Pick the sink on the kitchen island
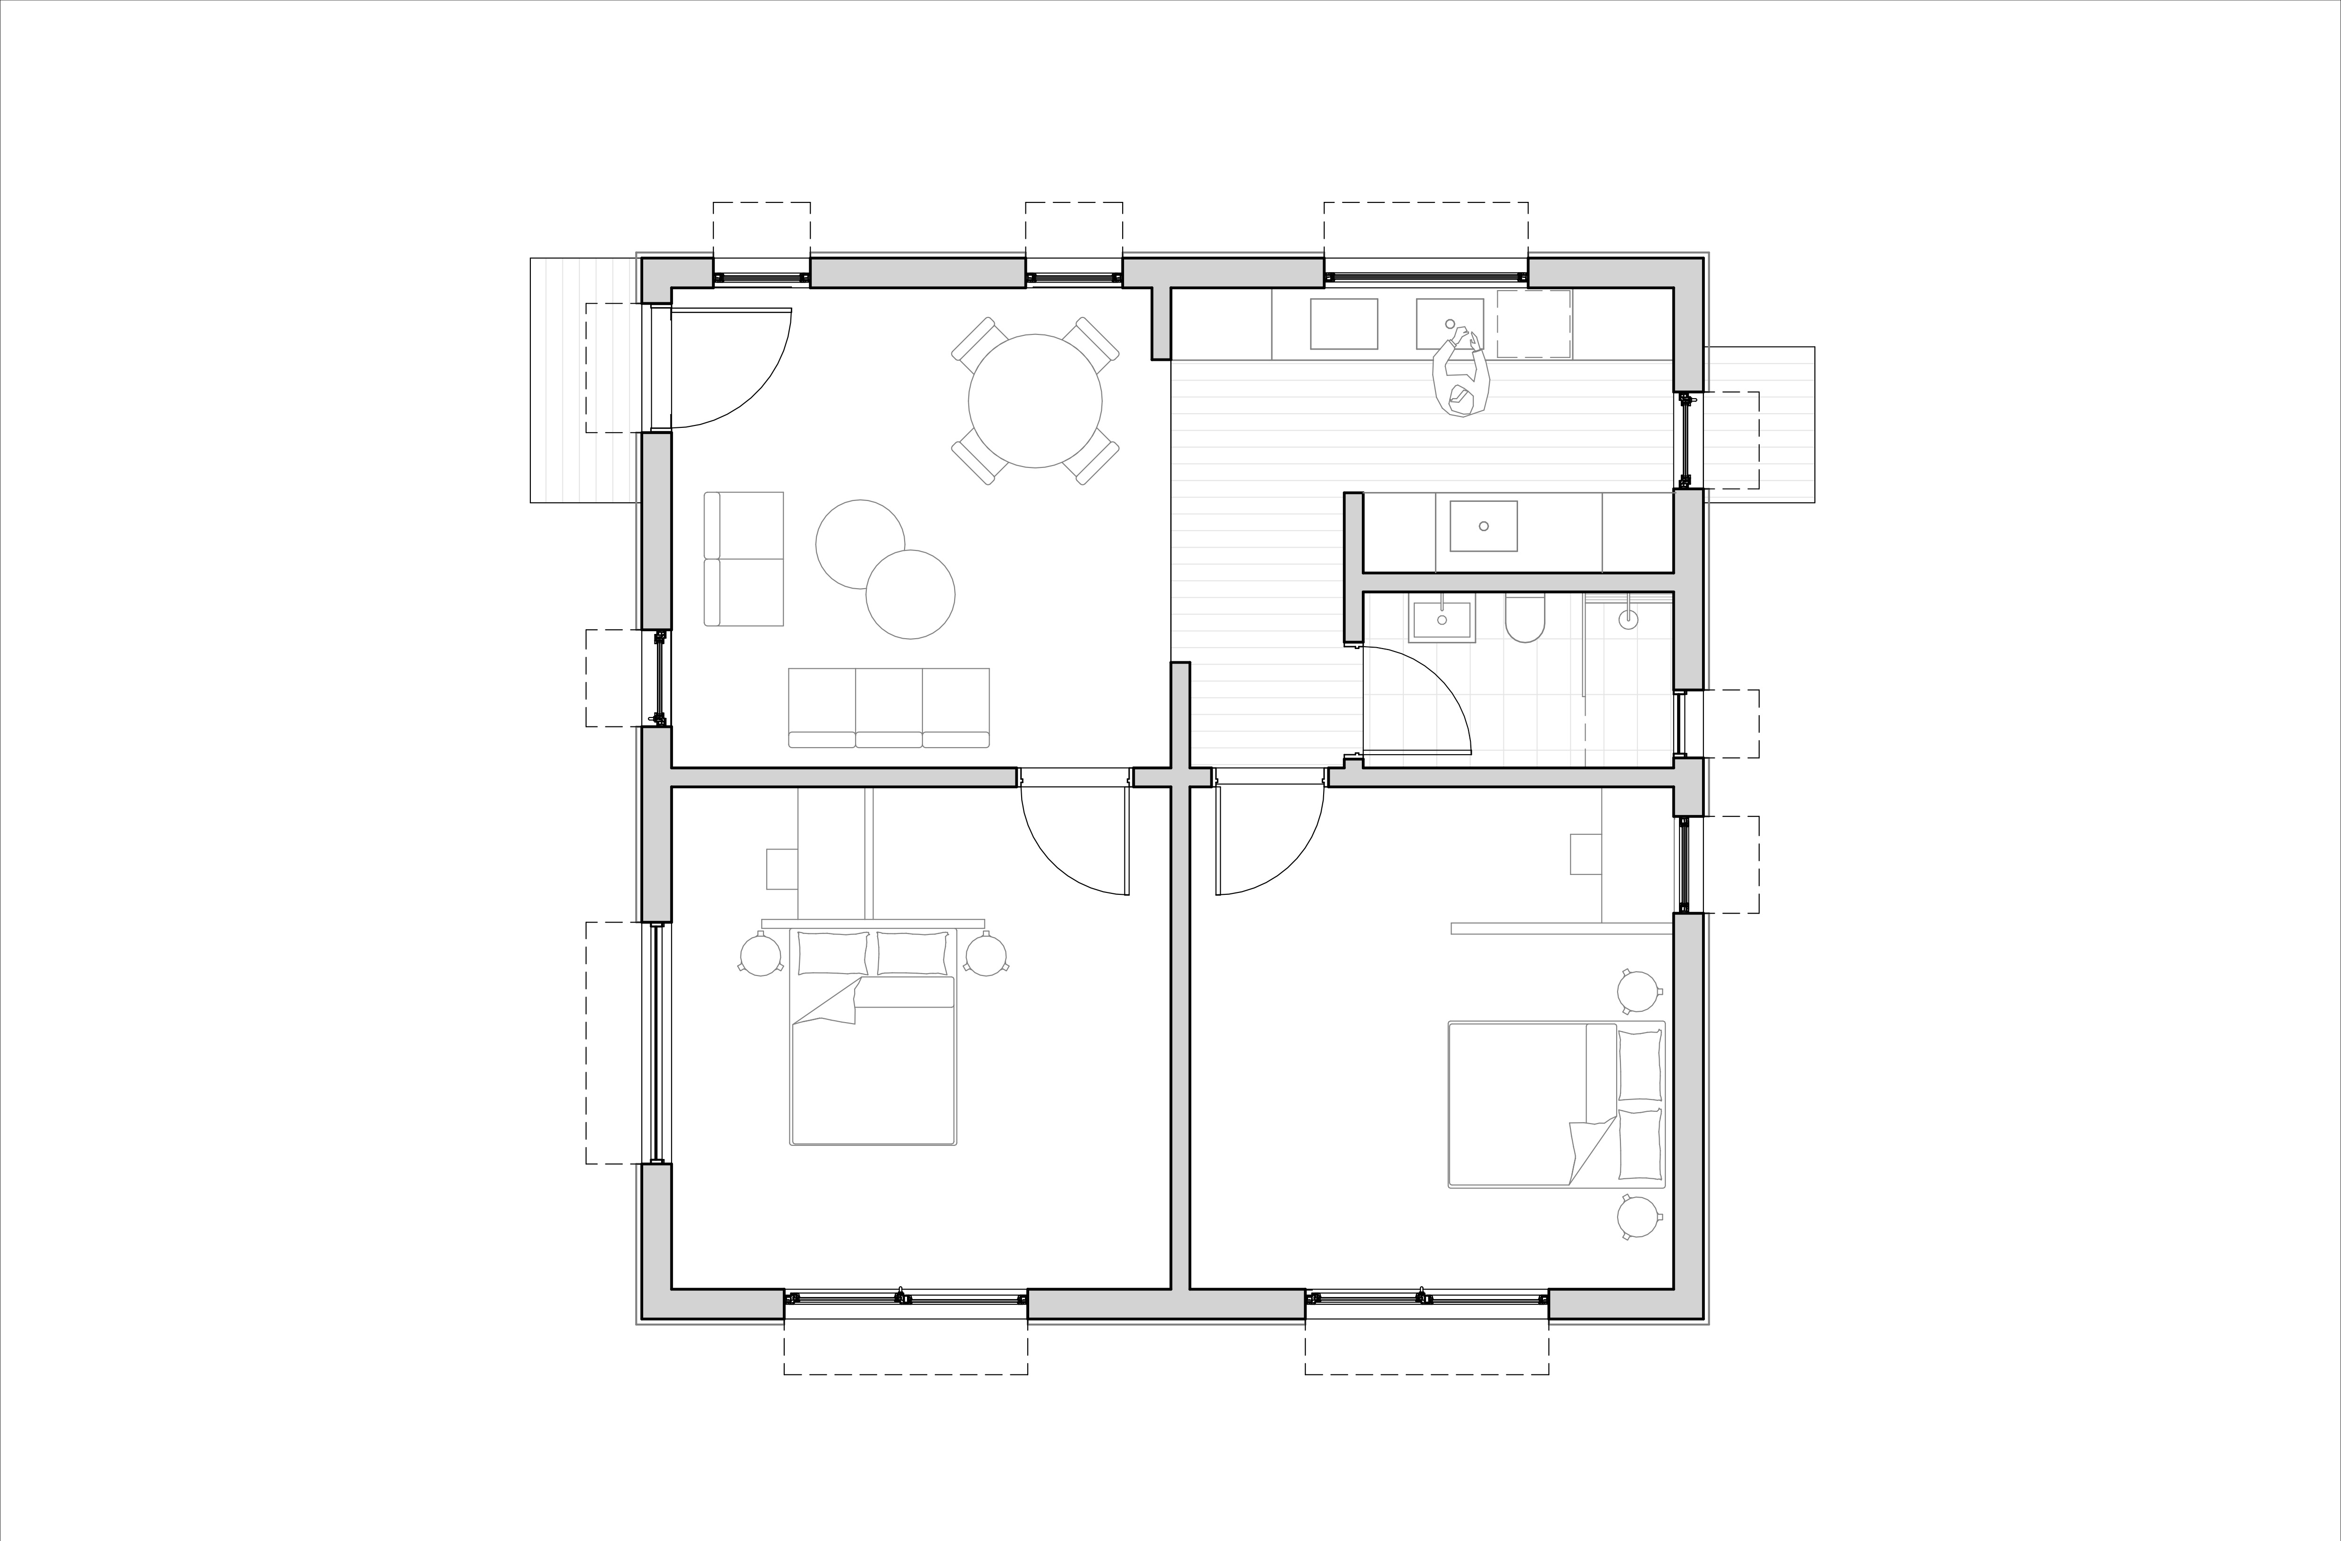coord(1483,526)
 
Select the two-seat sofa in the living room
coord(744,558)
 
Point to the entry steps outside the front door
coord(585,381)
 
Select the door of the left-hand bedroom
coord(1074,841)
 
